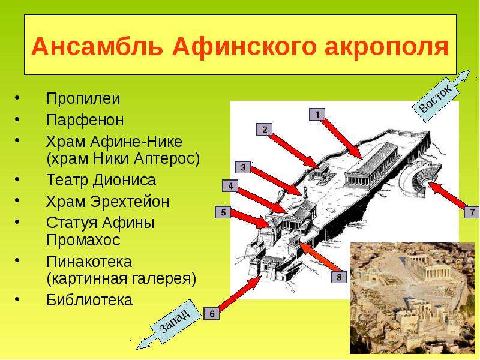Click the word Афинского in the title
click(244, 47)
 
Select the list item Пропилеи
click(83, 98)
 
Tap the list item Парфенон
click(85, 120)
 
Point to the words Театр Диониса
click(101, 180)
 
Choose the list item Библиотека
click(89, 300)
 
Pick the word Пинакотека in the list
click(89, 262)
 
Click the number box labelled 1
click(317, 115)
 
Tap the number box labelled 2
click(265, 130)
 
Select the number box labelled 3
click(243, 167)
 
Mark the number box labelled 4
click(230, 186)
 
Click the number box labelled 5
click(223, 212)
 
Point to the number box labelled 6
click(212, 313)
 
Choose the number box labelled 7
click(472, 212)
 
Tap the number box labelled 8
click(339, 277)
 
